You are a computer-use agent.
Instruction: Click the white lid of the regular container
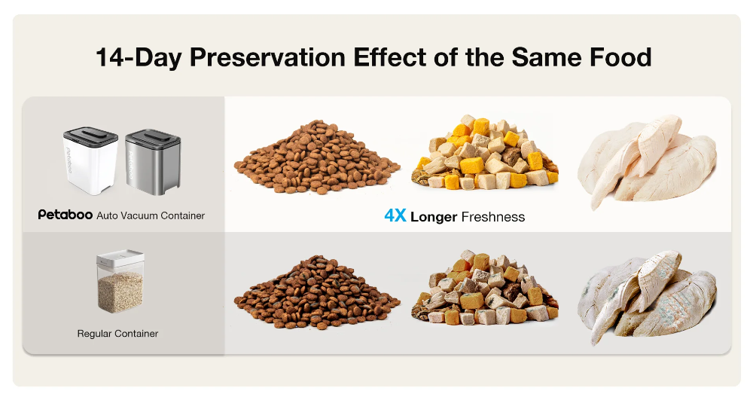[120, 258]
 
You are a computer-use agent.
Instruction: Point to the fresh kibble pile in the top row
[317, 157]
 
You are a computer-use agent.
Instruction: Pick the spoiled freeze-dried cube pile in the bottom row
[485, 287]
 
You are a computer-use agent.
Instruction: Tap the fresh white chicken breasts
[647, 161]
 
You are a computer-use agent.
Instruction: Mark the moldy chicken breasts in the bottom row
[647, 297]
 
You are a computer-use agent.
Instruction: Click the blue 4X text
[395, 216]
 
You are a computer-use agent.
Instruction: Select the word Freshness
[492, 217]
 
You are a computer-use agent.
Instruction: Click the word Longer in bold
[434, 217]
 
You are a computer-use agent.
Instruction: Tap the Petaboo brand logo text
[66, 215]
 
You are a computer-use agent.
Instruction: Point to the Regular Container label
[117, 333]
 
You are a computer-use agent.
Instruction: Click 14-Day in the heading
[139, 57]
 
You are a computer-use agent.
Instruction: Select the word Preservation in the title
[267, 57]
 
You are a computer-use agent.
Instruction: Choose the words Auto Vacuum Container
[151, 215]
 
